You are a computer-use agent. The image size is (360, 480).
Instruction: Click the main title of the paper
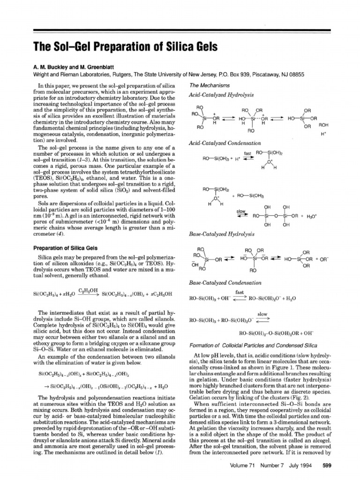click(x=124, y=47)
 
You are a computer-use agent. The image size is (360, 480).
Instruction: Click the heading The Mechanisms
click(x=209, y=86)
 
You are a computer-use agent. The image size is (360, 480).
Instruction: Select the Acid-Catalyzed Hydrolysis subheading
click(x=214, y=95)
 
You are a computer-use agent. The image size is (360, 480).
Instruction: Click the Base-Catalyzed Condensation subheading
click(x=218, y=283)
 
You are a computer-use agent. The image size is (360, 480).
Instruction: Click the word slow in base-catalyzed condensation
click(x=262, y=314)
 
